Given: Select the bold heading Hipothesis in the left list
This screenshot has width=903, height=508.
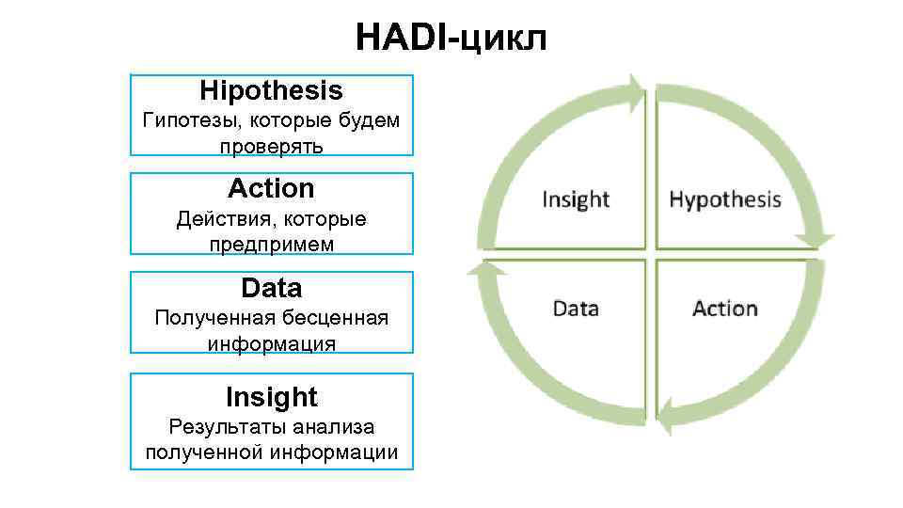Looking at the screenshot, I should coord(271,91).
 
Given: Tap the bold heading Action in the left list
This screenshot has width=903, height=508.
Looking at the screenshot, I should coord(271,188).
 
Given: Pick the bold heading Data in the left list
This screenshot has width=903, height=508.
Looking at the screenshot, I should coord(271,287).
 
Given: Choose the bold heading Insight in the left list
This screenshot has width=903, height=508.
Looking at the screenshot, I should coord(271,396).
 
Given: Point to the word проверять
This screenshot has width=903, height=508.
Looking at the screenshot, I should coord(271,146).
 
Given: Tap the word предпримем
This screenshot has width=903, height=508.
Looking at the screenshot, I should coord(271,244).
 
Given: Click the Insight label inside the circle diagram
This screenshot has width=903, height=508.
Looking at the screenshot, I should coord(576,199).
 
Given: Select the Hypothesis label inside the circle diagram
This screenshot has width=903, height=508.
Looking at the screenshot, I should coord(724,199).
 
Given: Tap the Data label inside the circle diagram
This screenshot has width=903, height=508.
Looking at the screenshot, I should coord(576,309).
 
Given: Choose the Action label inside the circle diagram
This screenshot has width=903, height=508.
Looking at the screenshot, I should coord(724,309).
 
